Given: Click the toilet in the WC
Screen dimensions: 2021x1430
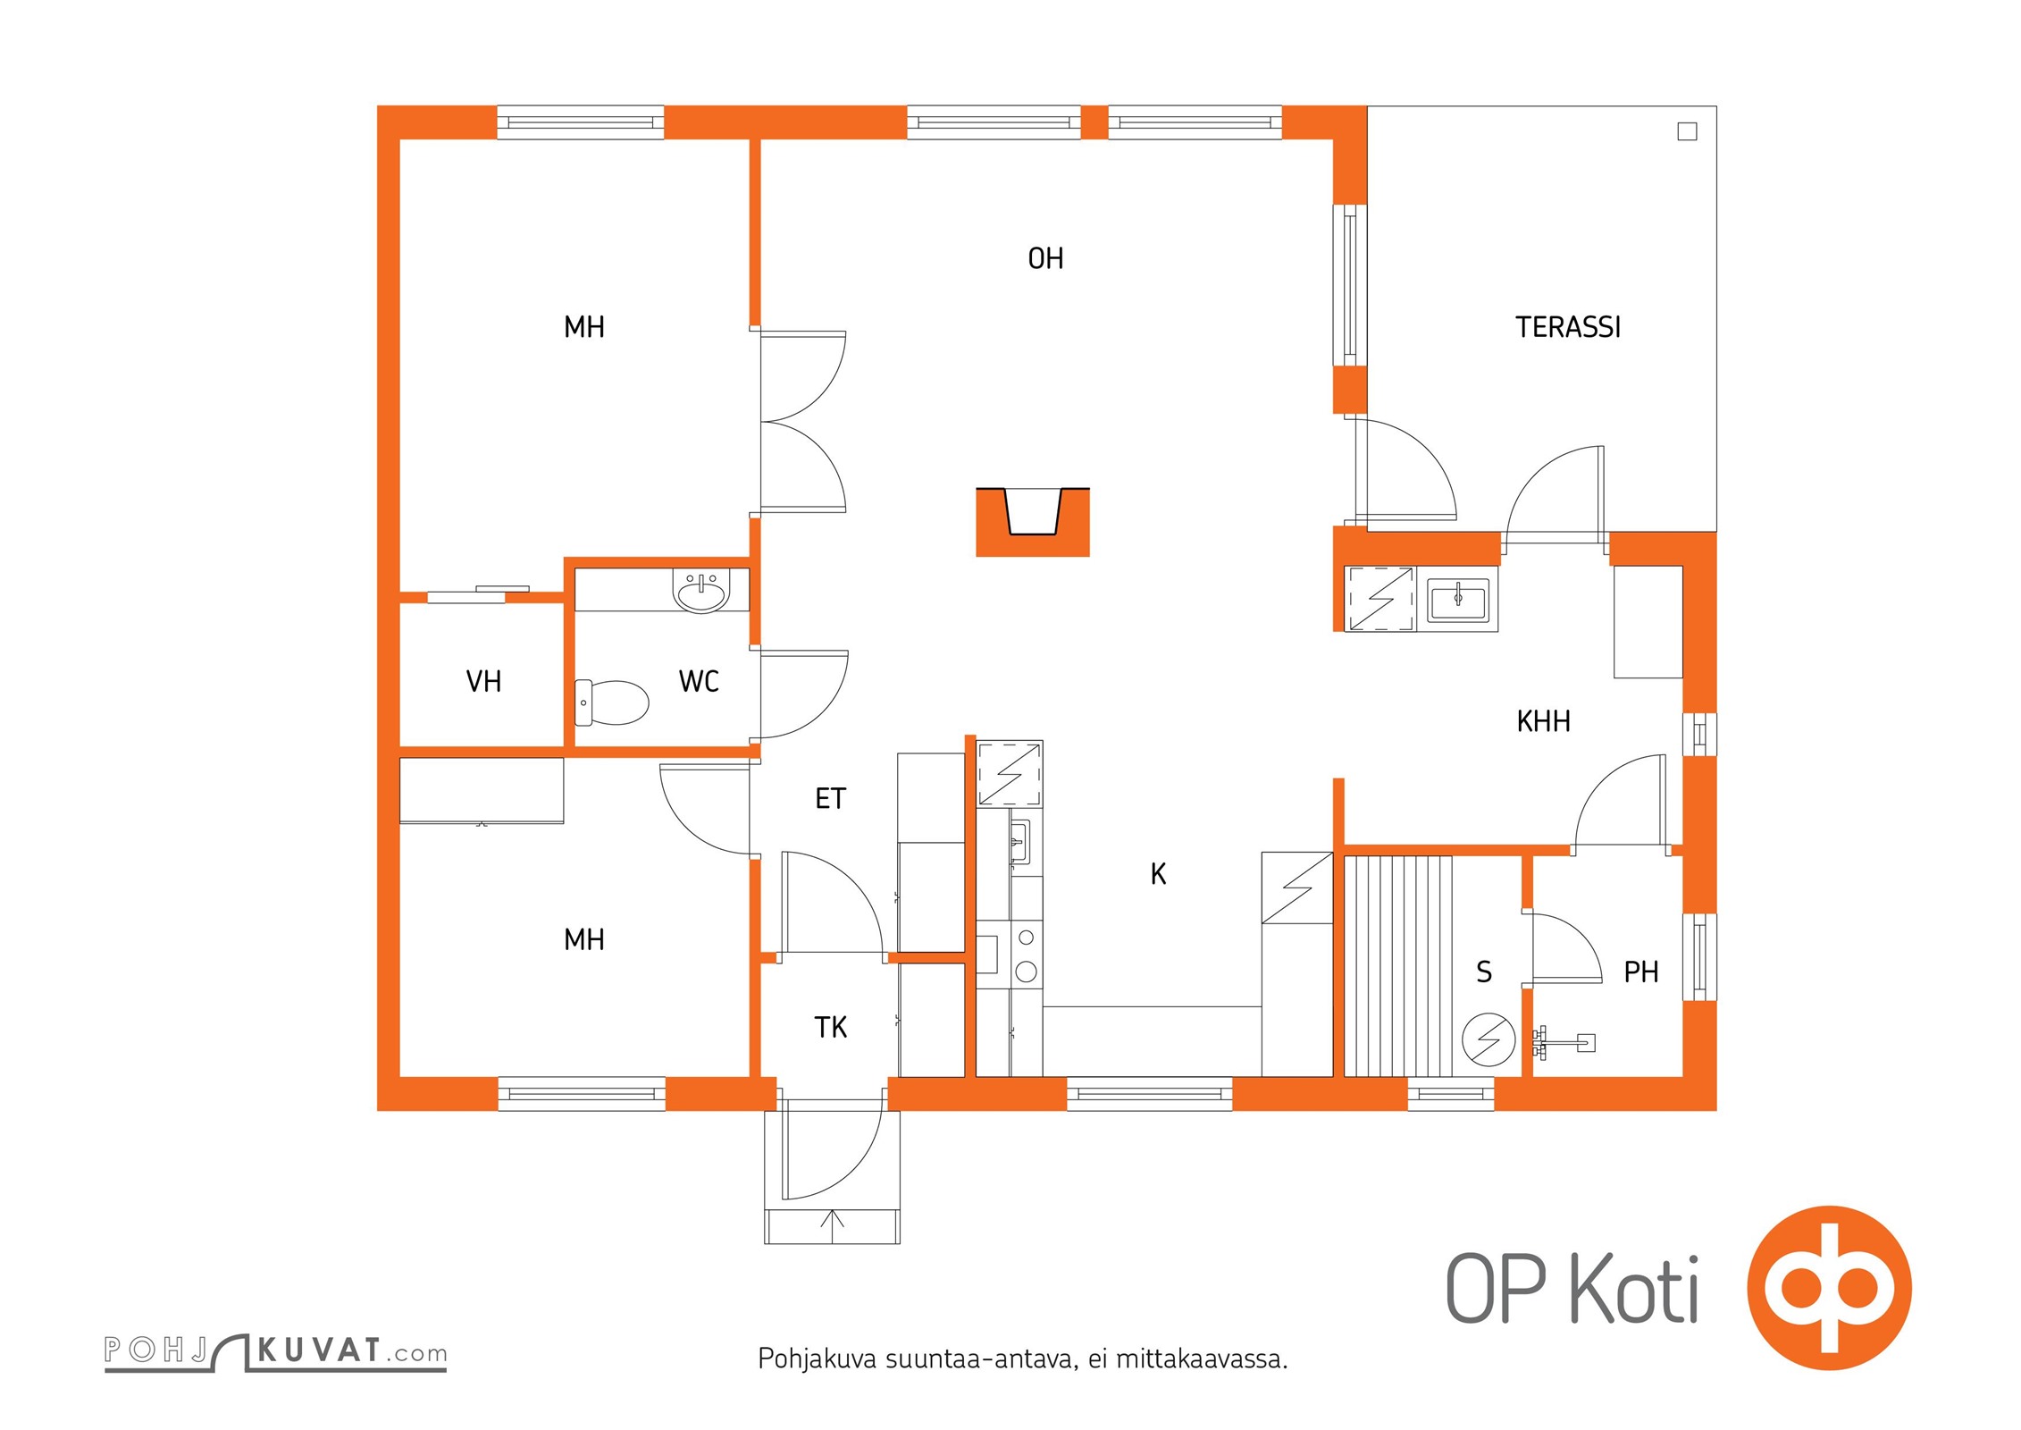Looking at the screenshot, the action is pyautogui.click(x=611, y=702).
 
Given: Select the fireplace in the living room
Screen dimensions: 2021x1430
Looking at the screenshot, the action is pyautogui.click(x=1032, y=522).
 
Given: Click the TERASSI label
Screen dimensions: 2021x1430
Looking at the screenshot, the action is pyautogui.click(x=1568, y=327).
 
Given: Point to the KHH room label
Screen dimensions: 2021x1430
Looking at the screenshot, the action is pyautogui.click(x=1543, y=721).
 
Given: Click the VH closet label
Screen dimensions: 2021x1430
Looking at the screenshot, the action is pyautogui.click(x=483, y=682).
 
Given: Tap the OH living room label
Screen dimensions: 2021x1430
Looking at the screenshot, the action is pyautogui.click(x=1045, y=258).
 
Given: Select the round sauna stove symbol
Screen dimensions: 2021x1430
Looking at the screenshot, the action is pyautogui.click(x=1488, y=1039).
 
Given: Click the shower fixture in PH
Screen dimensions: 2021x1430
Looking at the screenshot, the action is pyautogui.click(x=1563, y=1041).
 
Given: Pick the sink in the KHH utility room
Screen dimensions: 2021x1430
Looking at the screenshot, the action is pyautogui.click(x=1457, y=599).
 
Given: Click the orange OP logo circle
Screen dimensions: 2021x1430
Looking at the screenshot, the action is pyautogui.click(x=1829, y=1288).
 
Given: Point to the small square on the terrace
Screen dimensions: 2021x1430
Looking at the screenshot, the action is pyautogui.click(x=1687, y=131).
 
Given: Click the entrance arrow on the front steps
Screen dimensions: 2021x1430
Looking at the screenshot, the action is pyautogui.click(x=832, y=1225).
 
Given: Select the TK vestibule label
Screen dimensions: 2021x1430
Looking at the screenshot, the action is pyautogui.click(x=830, y=1028).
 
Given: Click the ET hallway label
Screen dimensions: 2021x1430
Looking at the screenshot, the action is pyautogui.click(x=830, y=798).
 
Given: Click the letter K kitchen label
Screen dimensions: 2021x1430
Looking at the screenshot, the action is pyautogui.click(x=1158, y=874).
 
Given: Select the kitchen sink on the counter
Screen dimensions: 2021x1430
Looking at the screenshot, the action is pyautogui.click(x=1019, y=841).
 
